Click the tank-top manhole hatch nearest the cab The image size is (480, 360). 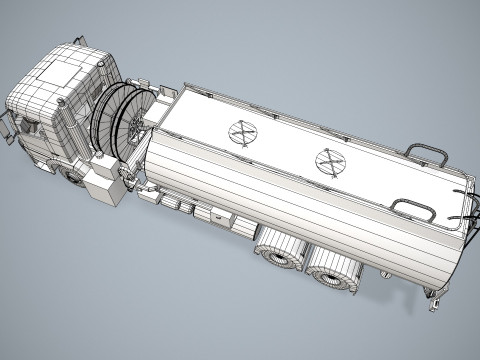pyautogui.click(x=241, y=133)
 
